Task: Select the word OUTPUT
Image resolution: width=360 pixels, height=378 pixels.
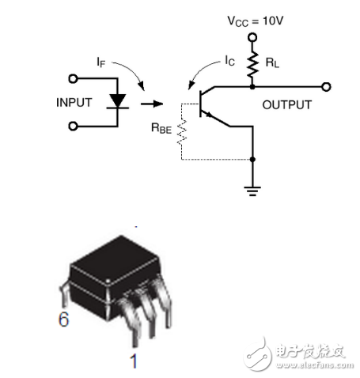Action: [x=287, y=104]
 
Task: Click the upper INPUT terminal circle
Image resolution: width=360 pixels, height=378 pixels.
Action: [x=73, y=79]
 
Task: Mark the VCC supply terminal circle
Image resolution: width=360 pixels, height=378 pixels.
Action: [x=253, y=36]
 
